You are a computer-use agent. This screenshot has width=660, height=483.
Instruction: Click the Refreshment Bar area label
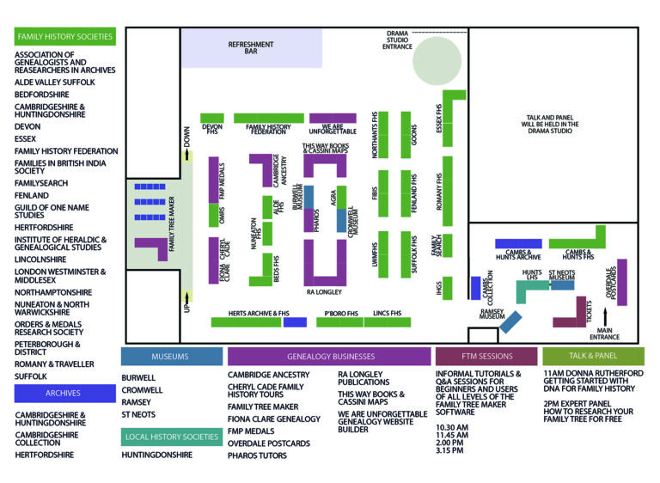tap(251, 48)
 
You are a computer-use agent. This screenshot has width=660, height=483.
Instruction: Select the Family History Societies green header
tap(65, 37)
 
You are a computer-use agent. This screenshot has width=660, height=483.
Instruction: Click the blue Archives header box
tap(65, 394)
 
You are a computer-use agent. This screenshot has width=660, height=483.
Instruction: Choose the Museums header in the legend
tap(171, 356)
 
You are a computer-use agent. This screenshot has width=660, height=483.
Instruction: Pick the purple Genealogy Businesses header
tap(329, 356)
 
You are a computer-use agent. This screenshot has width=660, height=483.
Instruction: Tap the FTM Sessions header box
tap(486, 356)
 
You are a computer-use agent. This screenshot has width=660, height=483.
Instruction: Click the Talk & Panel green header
tap(592, 356)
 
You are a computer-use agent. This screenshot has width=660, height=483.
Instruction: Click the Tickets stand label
tap(590, 309)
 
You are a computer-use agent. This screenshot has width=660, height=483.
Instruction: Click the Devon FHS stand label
tap(211, 130)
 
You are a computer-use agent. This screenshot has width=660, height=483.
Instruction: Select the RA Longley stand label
tap(324, 292)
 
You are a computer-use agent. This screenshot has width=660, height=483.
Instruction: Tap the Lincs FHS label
tap(388, 314)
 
